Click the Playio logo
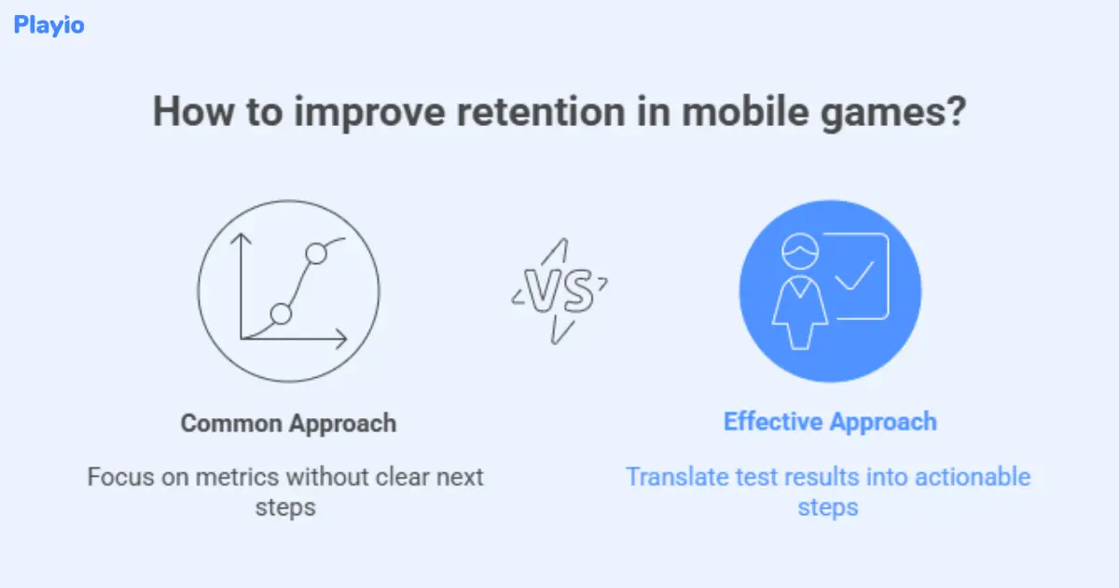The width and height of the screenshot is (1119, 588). click(x=48, y=25)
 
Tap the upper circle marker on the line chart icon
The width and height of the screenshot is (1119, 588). click(x=316, y=253)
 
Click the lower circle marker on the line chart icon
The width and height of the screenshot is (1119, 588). click(x=281, y=314)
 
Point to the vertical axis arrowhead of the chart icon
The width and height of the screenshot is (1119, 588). click(x=242, y=239)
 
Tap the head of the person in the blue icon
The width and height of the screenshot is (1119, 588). click(x=799, y=249)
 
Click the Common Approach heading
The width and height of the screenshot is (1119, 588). click(x=288, y=423)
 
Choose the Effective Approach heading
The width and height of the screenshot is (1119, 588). click(x=830, y=421)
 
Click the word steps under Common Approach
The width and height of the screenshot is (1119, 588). click(x=287, y=508)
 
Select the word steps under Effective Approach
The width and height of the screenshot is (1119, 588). click(x=828, y=508)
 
